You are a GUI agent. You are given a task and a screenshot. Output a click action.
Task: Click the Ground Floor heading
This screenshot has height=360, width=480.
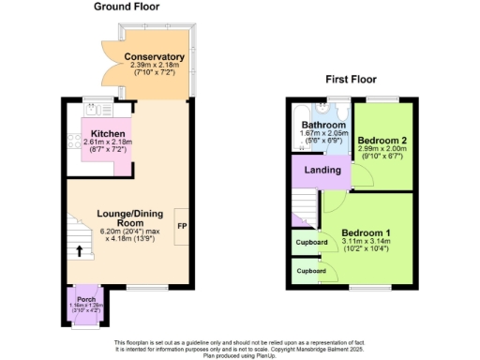pos(127,7)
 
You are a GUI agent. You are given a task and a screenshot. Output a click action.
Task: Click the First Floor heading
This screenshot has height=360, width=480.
pos(352,81)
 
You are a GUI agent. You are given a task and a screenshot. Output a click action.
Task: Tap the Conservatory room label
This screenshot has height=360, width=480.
pos(155,57)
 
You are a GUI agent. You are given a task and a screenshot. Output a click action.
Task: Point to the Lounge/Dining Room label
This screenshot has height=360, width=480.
pos(122,218)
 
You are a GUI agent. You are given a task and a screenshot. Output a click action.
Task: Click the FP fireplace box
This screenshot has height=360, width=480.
pos(182,228)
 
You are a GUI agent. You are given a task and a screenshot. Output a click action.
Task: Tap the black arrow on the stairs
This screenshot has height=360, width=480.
pos(79,250)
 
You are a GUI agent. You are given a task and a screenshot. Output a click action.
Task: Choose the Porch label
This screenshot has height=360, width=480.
pos(87,299)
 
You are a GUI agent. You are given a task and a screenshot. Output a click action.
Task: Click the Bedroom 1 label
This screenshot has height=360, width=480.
pos(364,232)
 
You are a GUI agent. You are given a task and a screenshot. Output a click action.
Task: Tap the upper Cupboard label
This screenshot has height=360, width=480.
pos(312,242)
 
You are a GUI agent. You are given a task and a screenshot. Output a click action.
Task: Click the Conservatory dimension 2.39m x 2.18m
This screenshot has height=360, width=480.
pos(155,66)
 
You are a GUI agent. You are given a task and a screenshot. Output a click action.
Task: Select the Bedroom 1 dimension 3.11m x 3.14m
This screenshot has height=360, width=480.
pos(364,242)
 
